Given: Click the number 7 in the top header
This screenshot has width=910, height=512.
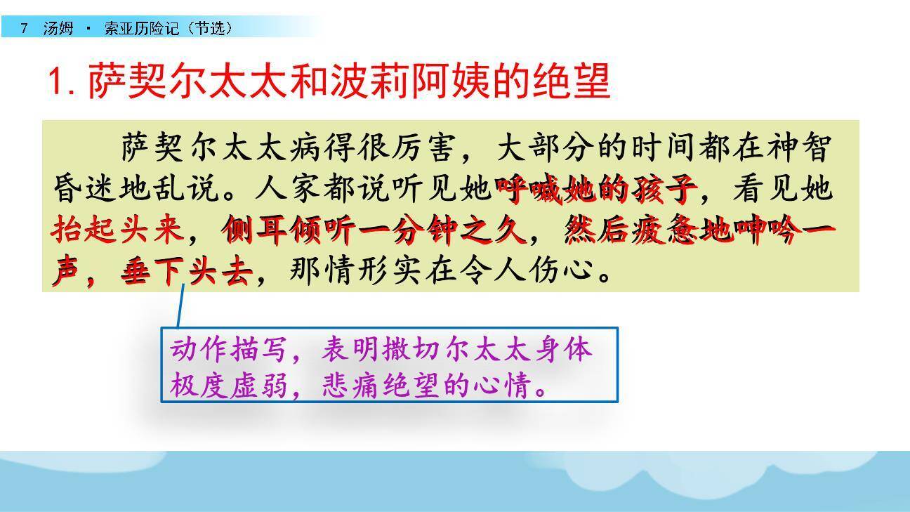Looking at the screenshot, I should point(25,28).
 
